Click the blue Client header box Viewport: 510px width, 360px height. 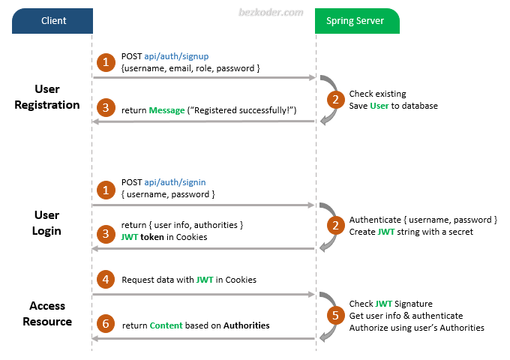click(52, 21)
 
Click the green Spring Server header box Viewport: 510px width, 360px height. click(357, 21)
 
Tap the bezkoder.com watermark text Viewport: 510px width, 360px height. click(271, 13)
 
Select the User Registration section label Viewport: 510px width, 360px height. click(47, 97)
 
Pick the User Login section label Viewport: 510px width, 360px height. click(46, 223)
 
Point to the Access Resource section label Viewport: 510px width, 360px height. click(47, 313)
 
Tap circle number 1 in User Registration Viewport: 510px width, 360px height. click(106, 61)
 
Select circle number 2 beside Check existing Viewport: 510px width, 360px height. click(335, 99)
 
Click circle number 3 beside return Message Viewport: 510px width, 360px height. click(106, 109)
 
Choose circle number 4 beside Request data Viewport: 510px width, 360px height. click(106, 279)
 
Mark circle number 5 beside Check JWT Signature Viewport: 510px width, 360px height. click(335, 315)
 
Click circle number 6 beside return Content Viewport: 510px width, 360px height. click(106, 325)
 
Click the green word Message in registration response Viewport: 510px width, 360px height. click(166, 110)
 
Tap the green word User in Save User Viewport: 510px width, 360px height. click(379, 106)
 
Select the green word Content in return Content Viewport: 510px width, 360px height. click(166, 325)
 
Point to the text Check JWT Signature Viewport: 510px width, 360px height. click(391, 304)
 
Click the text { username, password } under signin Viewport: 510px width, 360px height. click(168, 194)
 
